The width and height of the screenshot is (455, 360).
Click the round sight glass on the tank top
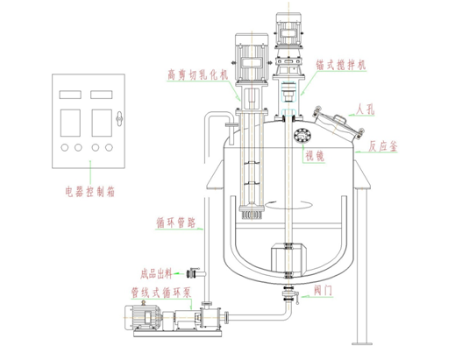tap(302, 135)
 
